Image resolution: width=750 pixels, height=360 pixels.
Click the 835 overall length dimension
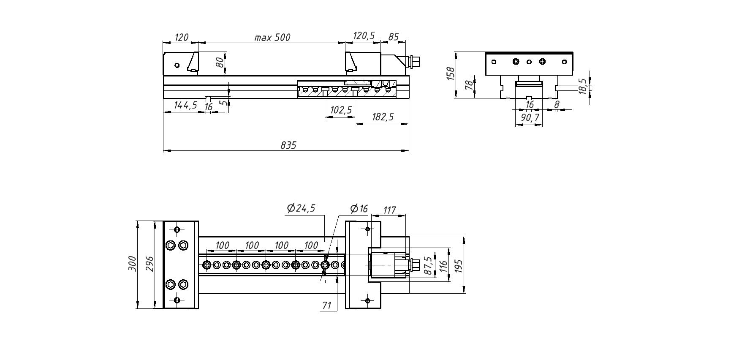[288, 145]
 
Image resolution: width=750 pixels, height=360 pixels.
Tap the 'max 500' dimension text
[272, 38]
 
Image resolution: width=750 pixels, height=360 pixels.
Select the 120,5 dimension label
[364, 36]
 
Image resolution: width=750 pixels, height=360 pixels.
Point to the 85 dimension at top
[393, 37]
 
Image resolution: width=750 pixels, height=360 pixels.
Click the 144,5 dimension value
[185, 105]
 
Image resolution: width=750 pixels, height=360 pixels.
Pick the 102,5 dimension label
[340, 110]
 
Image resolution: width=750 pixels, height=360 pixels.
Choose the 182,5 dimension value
[382, 117]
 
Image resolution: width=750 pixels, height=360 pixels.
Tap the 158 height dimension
[451, 74]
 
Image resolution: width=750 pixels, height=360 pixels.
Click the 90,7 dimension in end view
[530, 118]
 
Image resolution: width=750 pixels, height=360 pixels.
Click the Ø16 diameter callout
[359, 209]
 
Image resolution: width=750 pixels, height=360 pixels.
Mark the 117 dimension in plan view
[389, 210]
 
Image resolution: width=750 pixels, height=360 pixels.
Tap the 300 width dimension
[133, 264]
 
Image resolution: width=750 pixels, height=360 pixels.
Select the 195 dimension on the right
[459, 265]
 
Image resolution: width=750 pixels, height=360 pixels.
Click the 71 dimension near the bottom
[327, 305]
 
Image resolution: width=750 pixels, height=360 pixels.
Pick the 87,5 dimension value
[428, 265]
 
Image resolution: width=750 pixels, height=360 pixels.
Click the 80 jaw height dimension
[220, 63]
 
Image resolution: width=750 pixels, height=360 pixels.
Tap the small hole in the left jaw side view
[177, 65]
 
